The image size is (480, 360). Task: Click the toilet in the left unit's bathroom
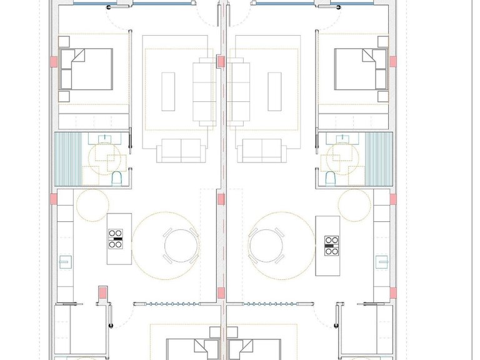click(x=116, y=179)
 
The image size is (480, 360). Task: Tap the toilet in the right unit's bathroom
click(x=329, y=179)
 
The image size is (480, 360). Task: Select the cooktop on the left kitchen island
click(x=116, y=239)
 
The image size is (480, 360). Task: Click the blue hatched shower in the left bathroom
click(x=67, y=159)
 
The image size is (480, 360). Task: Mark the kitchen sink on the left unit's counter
click(x=64, y=261)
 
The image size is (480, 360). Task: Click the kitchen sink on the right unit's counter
click(x=380, y=261)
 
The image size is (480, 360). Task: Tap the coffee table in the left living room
click(x=169, y=91)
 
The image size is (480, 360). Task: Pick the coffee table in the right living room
click(x=274, y=91)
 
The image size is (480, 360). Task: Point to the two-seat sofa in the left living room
click(x=181, y=151)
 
